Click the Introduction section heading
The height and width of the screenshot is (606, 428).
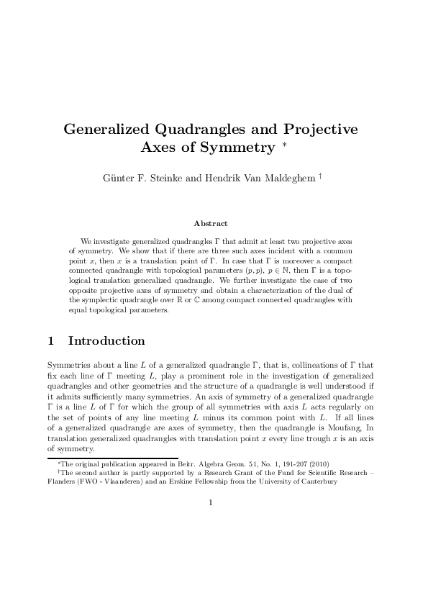[x=106, y=340]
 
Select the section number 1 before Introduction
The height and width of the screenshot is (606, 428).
[x=51, y=340]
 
